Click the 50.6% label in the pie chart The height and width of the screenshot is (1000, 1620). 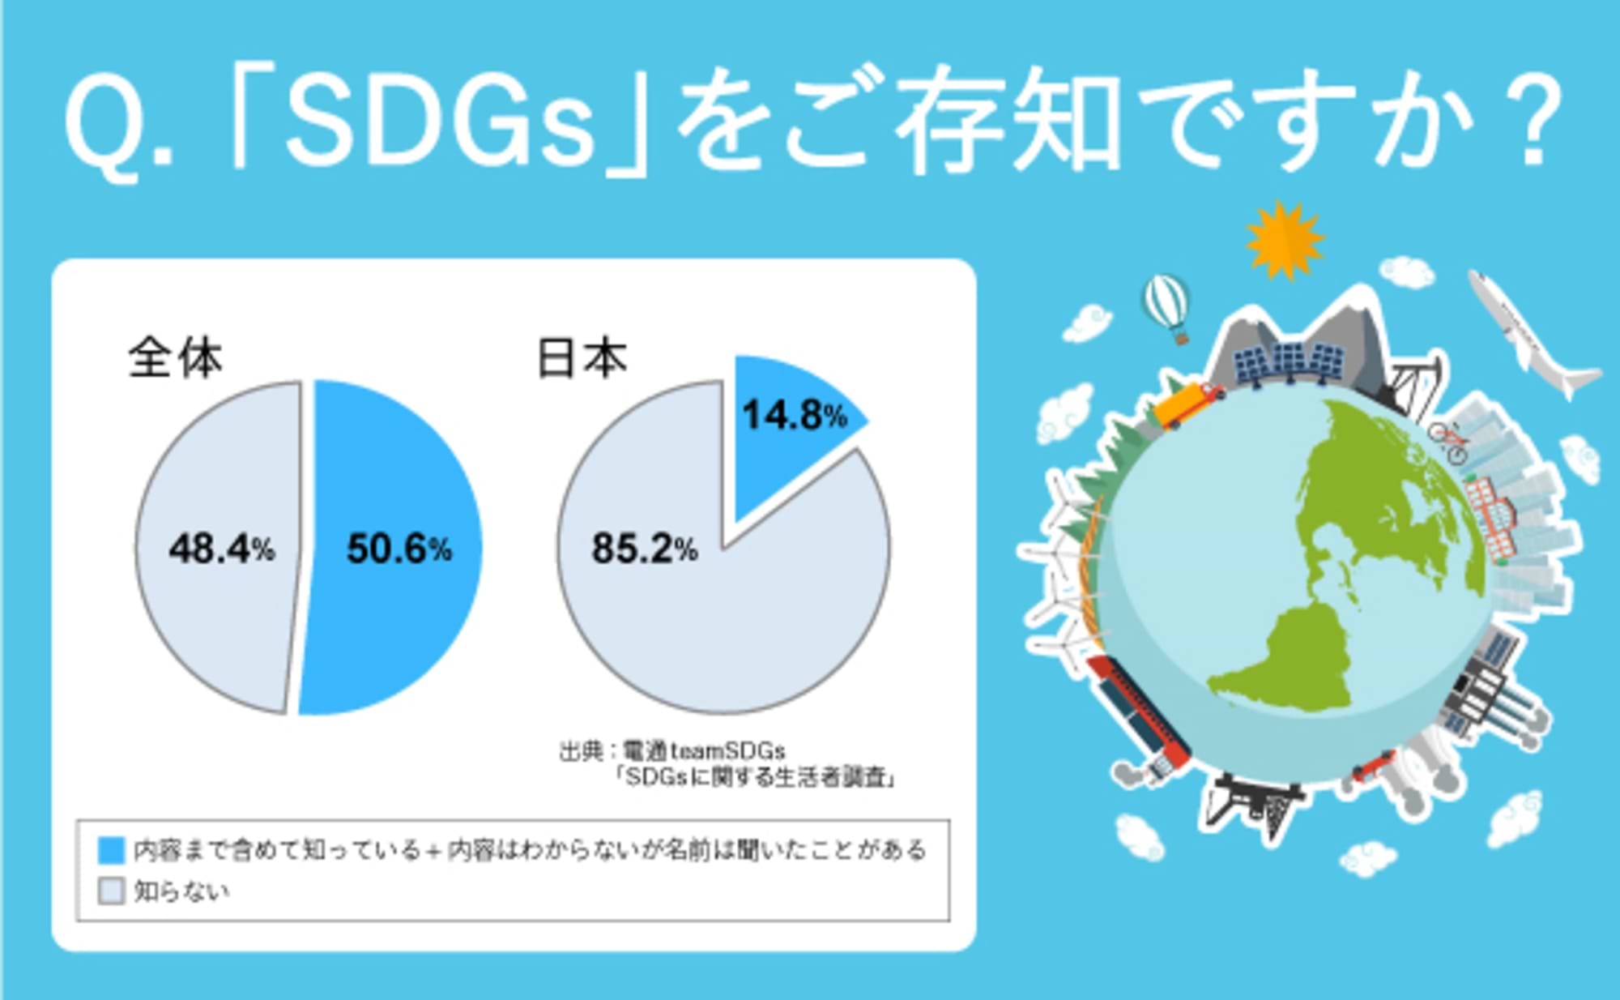tap(399, 549)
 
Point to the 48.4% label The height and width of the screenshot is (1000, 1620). tap(221, 549)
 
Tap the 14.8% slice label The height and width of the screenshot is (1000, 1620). tap(795, 415)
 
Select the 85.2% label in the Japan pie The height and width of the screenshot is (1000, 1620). tap(644, 549)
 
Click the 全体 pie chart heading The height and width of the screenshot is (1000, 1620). tap(175, 357)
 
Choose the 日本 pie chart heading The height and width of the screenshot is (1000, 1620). tap(582, 357)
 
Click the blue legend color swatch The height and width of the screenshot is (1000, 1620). tap(111, 850)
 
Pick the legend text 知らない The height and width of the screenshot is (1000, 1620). tap(181, 891)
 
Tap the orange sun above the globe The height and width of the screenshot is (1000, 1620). tap(1284, 240)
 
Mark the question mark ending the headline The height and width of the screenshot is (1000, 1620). tap(1534, 122)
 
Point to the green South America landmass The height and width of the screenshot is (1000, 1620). tap(1288, 656)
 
